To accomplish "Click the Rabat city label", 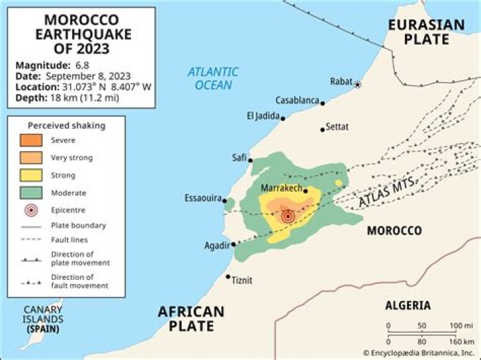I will pyautogui.click(x=340, y=81).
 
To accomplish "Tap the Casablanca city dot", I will pyautogui.click(x=323, y=103).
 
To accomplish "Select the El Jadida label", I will pyautogui.click(x=262, y=116).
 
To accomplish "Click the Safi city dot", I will pyautogui.click(x=251, y=160).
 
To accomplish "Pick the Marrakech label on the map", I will pyautogui.click(x=281, y=188).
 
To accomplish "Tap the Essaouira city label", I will pyautogui.click(x=202, y=198).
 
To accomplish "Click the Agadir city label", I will pyautogui.click(x=216, y=246).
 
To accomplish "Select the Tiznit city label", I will pyautogui.click(x=242, y=280).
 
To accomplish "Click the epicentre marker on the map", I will pyautogui.click(x=288, y=216).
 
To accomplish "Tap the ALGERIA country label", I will pyautogui.click(x=408, y=305).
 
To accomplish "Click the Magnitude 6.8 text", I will pyautogui.click(x=52, y=65).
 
